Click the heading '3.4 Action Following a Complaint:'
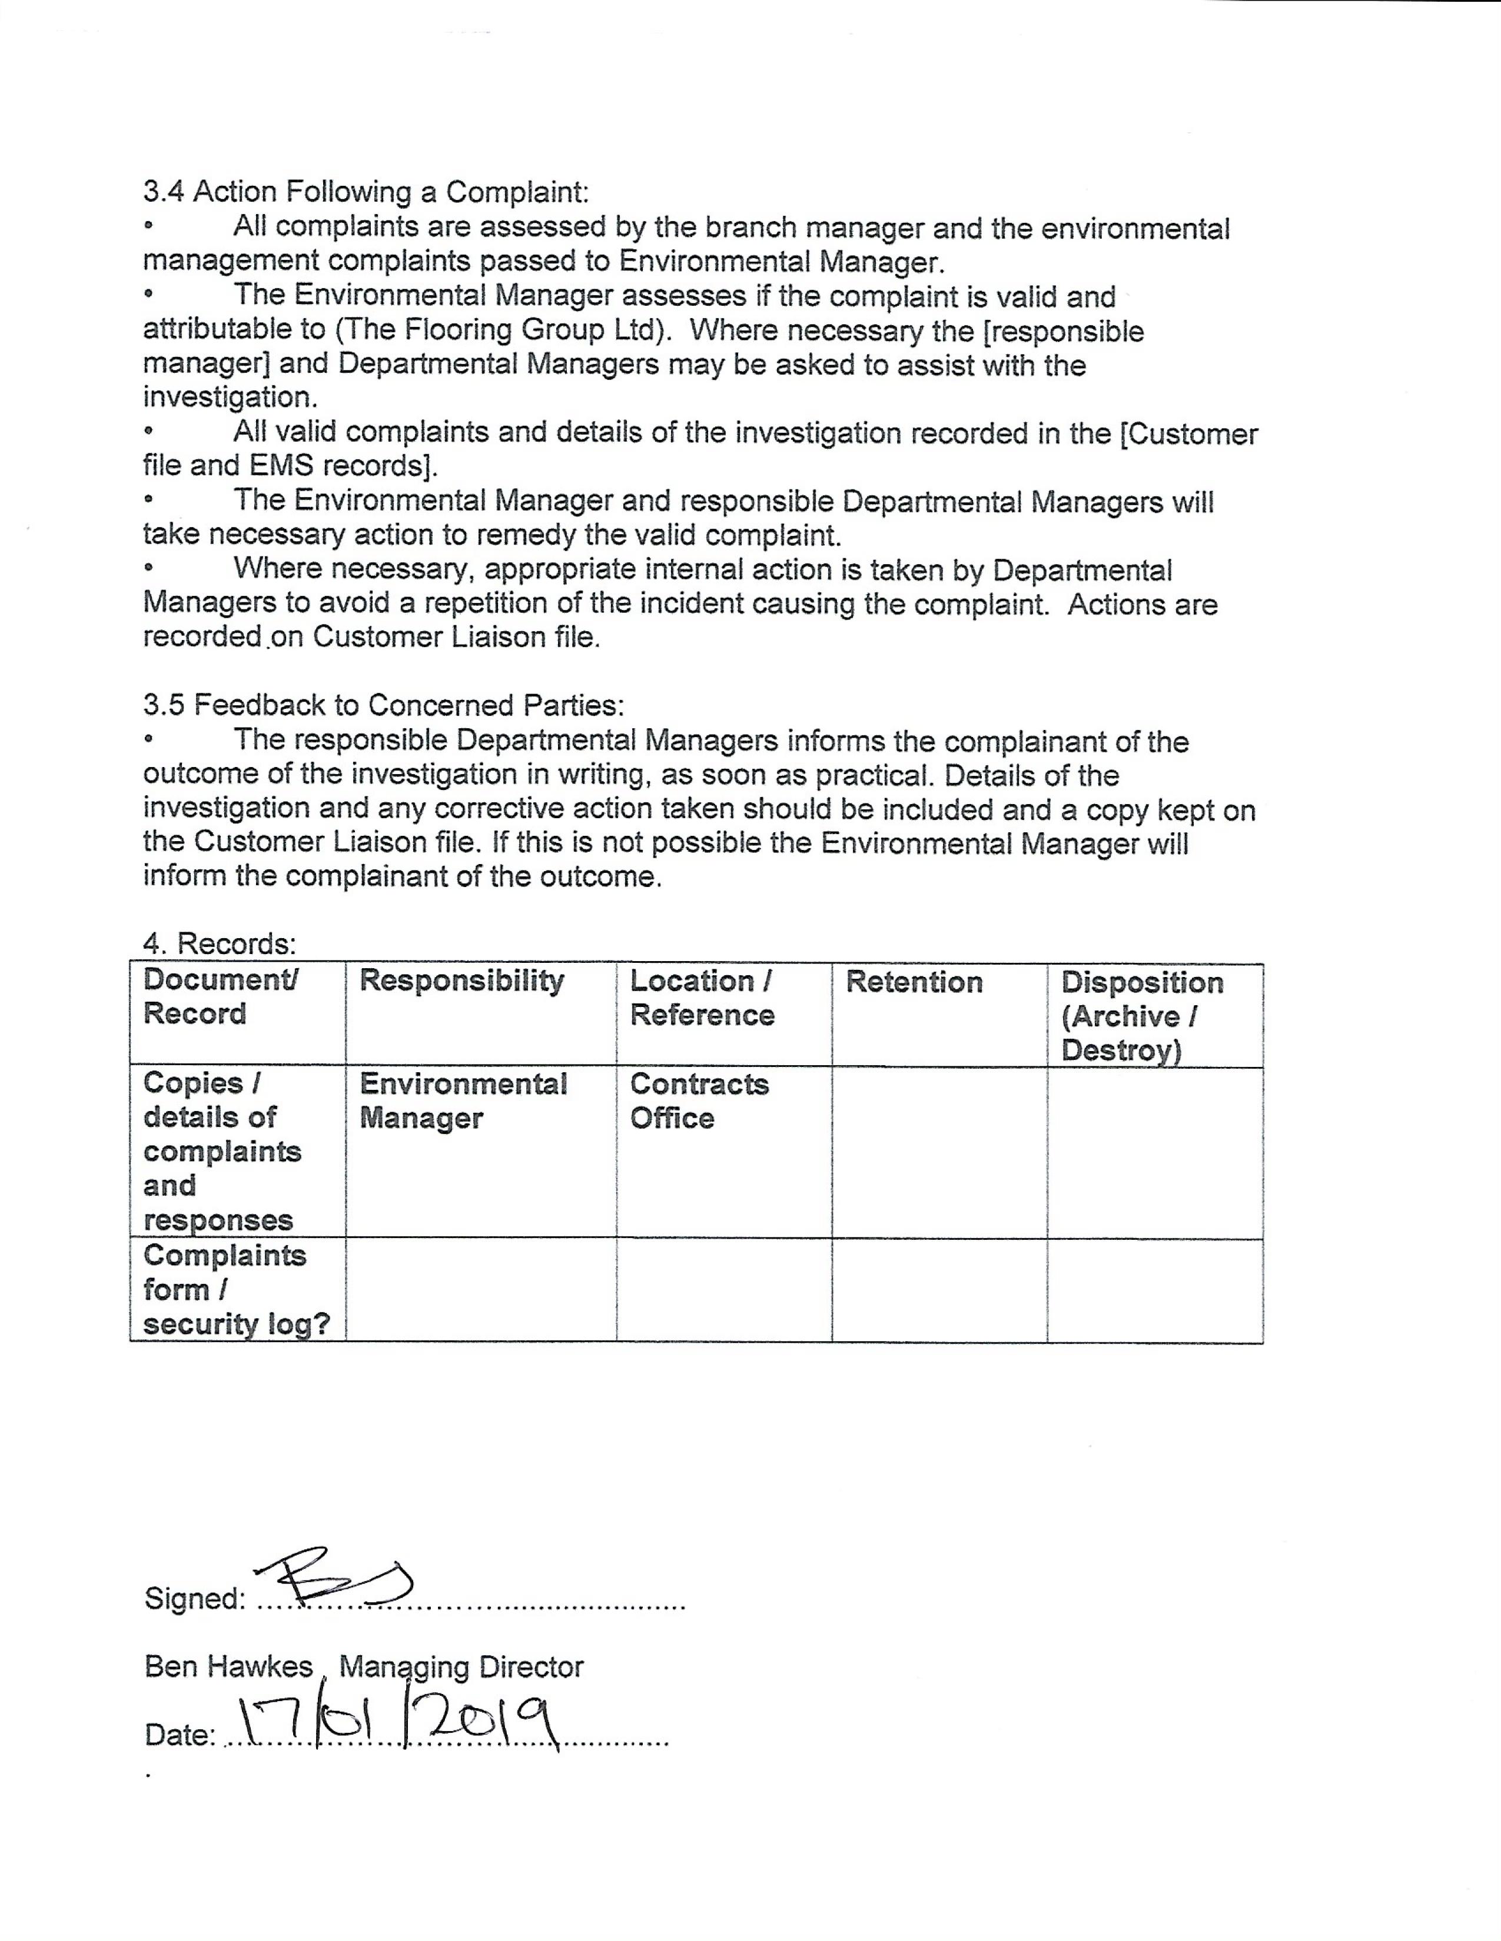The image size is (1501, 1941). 366,192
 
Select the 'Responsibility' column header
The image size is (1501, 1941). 461,980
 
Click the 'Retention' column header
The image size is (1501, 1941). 914,982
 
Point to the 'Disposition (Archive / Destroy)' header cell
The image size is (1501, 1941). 1142,1016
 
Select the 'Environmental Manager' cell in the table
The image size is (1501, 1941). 463,1100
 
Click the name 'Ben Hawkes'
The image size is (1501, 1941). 228,1666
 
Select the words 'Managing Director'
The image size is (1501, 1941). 461,1666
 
